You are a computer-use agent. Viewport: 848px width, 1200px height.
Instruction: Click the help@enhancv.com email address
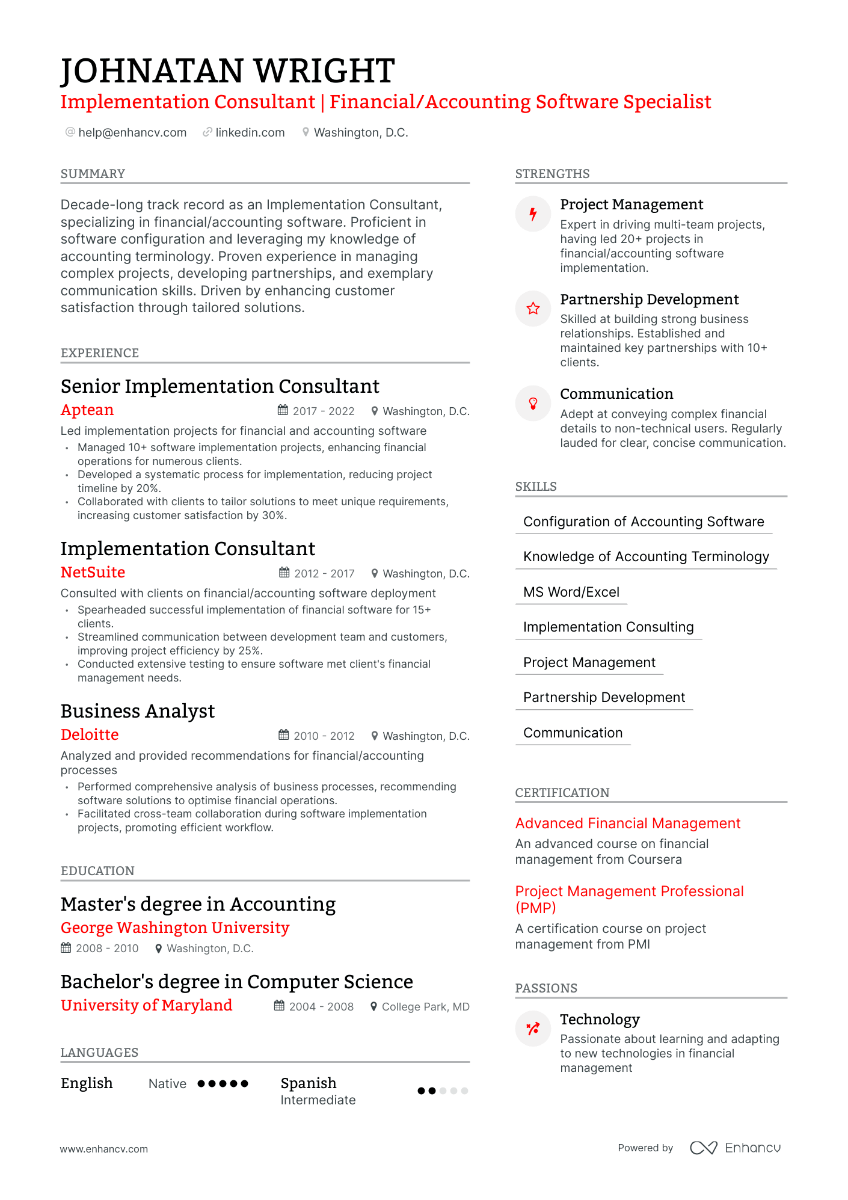132,132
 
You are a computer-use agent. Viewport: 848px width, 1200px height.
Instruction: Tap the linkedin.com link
250,132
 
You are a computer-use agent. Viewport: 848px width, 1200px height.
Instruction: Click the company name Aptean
87,410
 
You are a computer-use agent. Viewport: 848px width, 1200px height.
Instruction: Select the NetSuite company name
93,573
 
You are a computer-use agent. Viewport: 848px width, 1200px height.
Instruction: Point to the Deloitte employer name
90,735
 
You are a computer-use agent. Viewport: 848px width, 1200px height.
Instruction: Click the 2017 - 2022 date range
323,411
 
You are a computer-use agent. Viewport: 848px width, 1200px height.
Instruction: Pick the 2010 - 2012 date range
324,736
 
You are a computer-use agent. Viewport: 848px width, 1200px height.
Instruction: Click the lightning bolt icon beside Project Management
533,214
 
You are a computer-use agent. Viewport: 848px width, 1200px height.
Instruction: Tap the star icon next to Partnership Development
533,309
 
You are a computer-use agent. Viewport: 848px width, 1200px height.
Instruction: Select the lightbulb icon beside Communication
533,404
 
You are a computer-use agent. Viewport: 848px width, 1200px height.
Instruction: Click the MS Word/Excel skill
571,592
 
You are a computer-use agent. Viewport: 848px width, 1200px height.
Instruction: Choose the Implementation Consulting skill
608,627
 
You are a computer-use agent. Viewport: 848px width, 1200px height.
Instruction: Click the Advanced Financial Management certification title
628,823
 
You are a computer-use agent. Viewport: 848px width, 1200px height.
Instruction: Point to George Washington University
175,928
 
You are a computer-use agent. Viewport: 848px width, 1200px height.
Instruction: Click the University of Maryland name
146,1006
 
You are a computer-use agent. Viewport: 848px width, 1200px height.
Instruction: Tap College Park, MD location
425,1007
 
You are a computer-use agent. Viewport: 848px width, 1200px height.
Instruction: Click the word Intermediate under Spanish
318,1100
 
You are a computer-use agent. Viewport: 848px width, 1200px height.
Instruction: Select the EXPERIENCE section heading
100,353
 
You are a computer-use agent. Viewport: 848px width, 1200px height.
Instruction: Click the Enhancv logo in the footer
735,1148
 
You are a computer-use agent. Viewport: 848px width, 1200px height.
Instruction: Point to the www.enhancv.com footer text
104,1149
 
